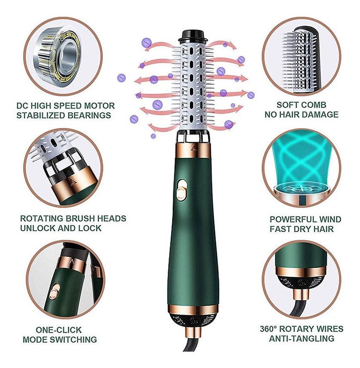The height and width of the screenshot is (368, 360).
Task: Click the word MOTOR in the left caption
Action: (x=99, y=105)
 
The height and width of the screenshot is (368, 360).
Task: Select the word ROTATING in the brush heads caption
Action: (x=42, y=219)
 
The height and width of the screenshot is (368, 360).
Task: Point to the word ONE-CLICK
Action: (x=58, y=330)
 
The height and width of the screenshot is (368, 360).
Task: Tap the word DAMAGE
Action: (x=320, y=114)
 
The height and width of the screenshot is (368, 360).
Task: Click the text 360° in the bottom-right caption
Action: (x=268, y=329)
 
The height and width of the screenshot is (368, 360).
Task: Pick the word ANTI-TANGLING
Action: (x=302, y=338)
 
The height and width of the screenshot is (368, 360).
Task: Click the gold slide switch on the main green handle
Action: (x=182, y=190)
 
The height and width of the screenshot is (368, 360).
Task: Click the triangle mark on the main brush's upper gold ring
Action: (x=194, y=147)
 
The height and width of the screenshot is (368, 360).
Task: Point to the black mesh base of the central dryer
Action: (x=193, y=321)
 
